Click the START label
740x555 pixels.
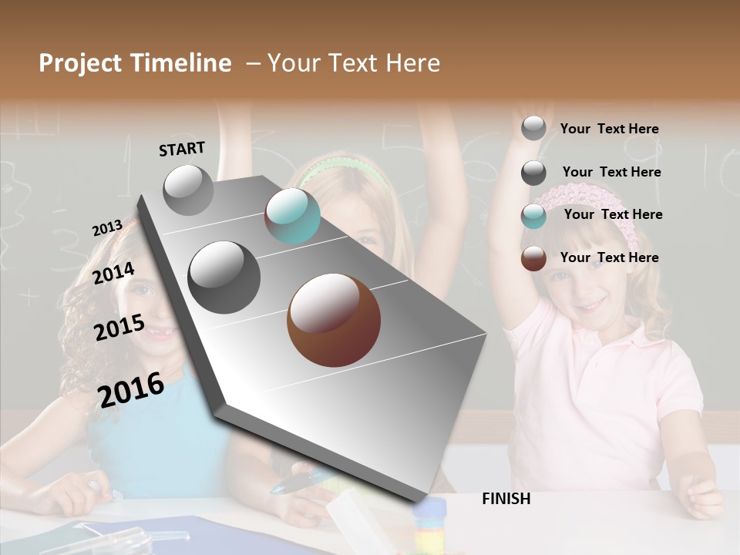point(182,149)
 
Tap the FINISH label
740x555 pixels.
point(506,499)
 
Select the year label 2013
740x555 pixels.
point(107,228)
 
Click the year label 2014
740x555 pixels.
point(114,274)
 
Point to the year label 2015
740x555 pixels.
point(119,328)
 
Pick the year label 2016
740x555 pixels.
point(131,390)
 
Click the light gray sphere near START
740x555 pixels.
point(189,190)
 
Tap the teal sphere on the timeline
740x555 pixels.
point(292,216)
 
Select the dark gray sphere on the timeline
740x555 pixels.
point(224,277)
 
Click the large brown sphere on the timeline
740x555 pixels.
point(334,320)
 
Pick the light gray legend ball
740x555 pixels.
point(533,128)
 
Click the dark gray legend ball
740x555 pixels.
point(533,173)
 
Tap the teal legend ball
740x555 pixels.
point(533,216)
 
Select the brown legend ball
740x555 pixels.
point(533,258)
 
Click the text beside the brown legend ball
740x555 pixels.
point(609,257)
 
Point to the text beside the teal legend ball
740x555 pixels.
point(613,214)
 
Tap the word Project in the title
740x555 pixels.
point(79,63)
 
